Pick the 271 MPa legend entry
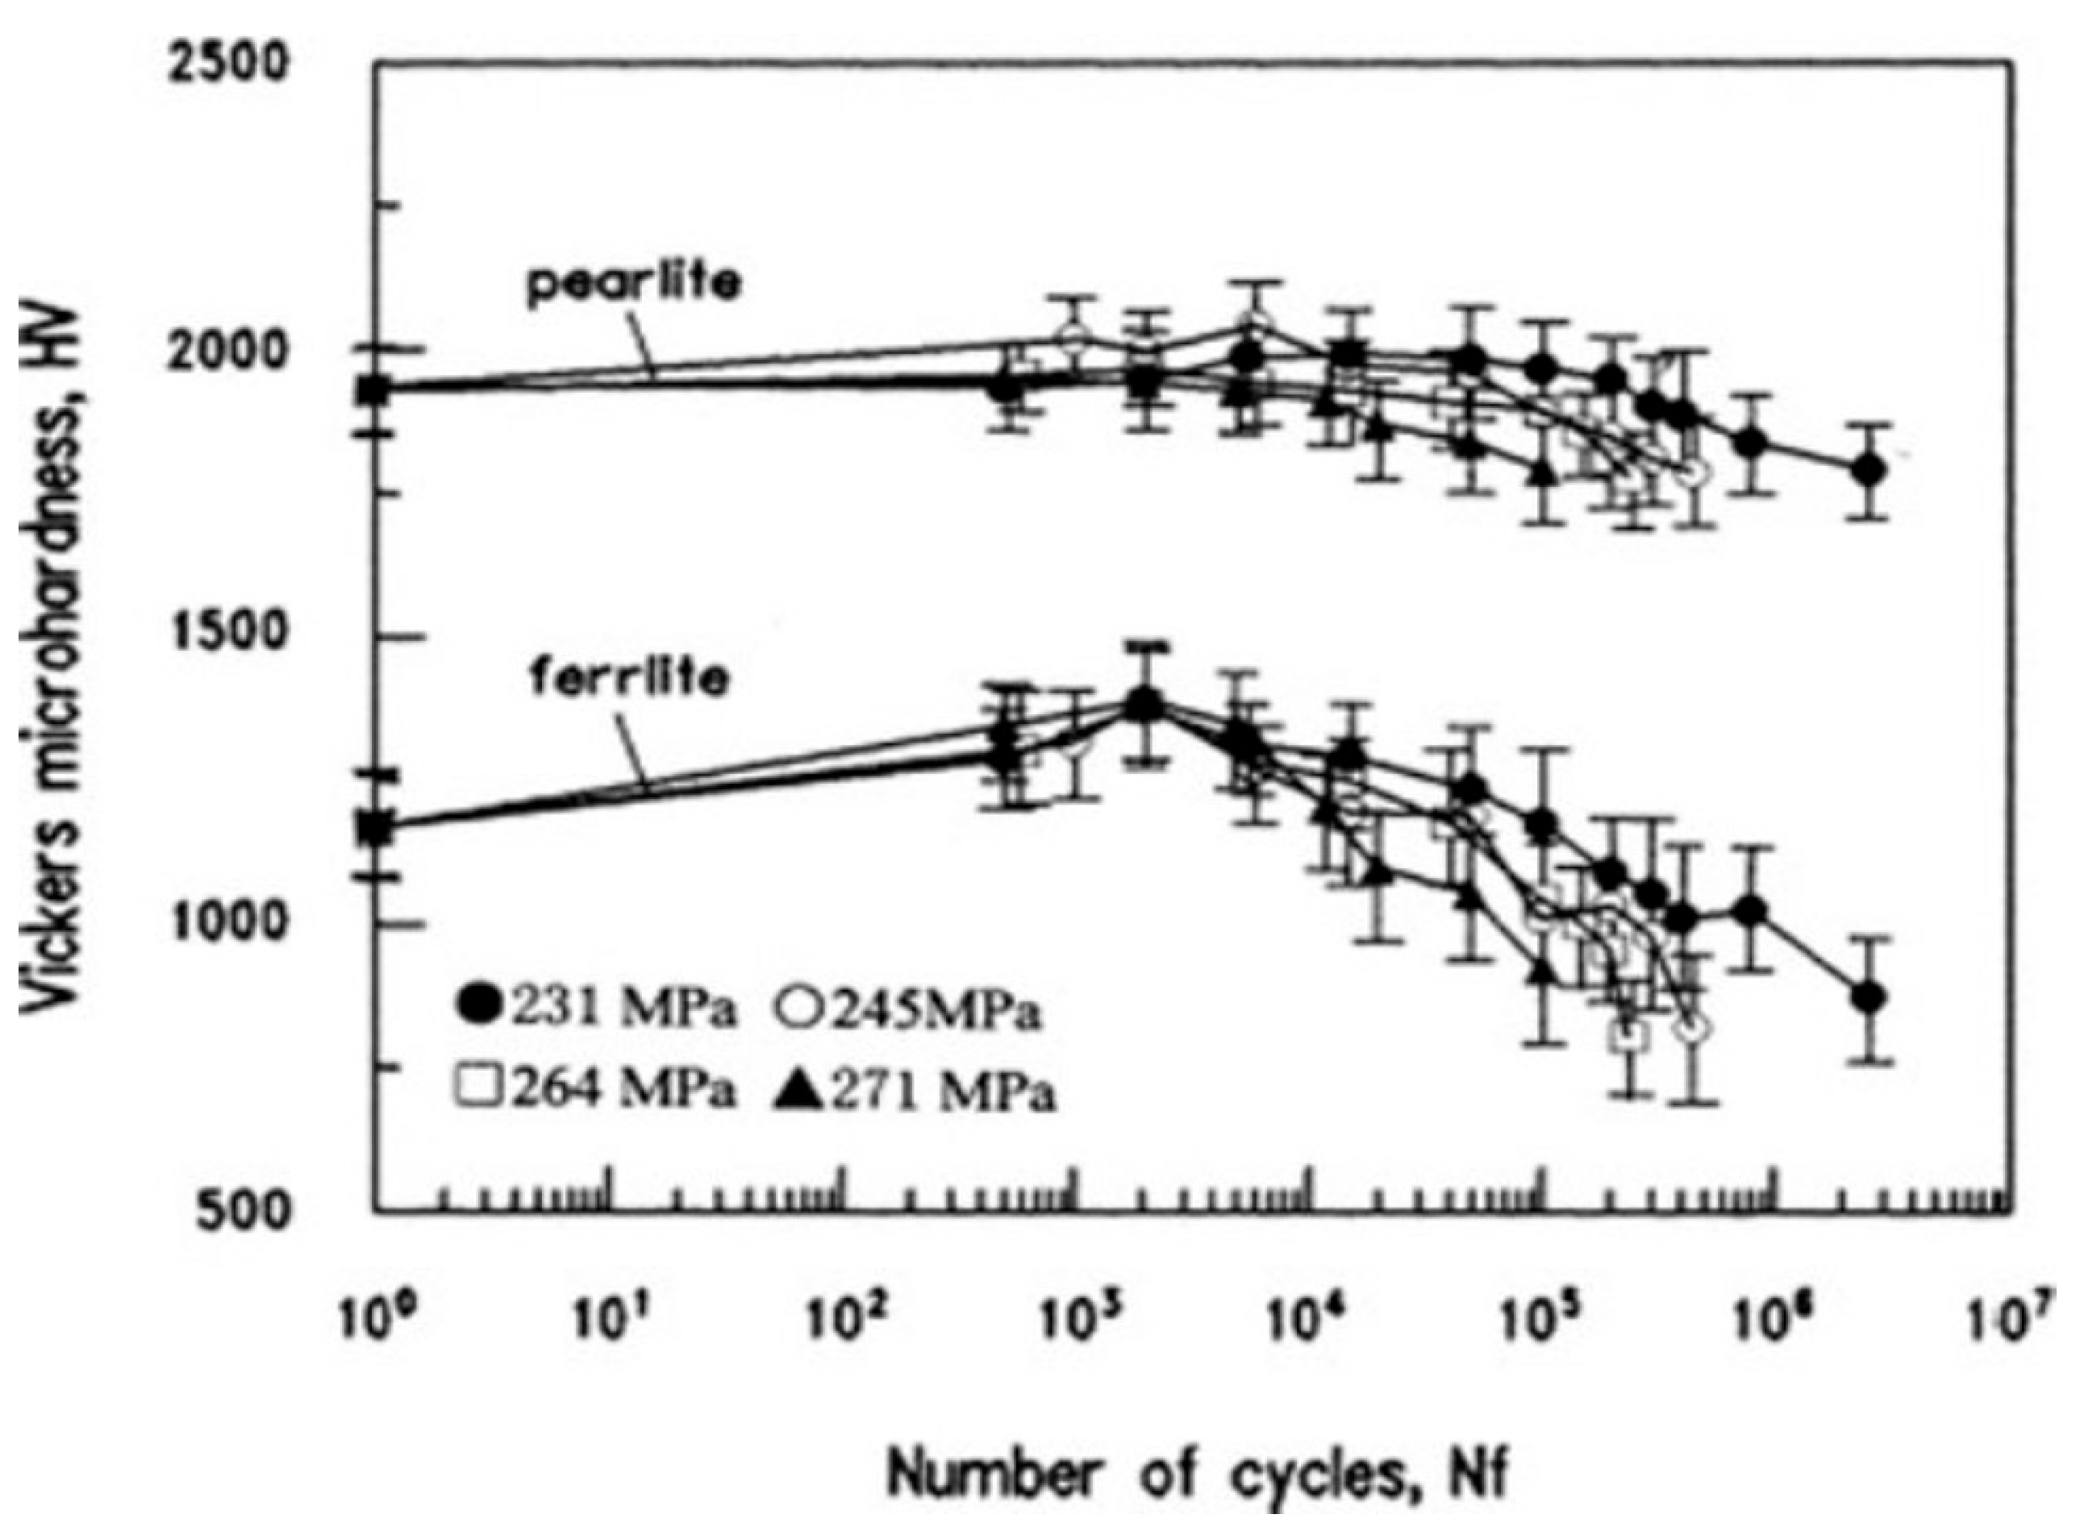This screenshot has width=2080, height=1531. tap(913, 1092)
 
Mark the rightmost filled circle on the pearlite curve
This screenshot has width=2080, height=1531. tap(1868, 470)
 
